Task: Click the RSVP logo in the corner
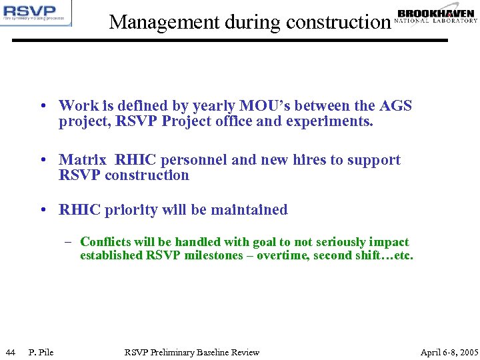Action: click(x=36, y=13)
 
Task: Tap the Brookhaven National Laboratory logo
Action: click(x=436, y=16)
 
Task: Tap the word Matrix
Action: click(x=82, y=160)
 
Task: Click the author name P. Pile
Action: click(x=41, y=352)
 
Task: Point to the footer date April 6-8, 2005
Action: click(x=449, y=352)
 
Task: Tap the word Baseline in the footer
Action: click(x=215, y=352)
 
